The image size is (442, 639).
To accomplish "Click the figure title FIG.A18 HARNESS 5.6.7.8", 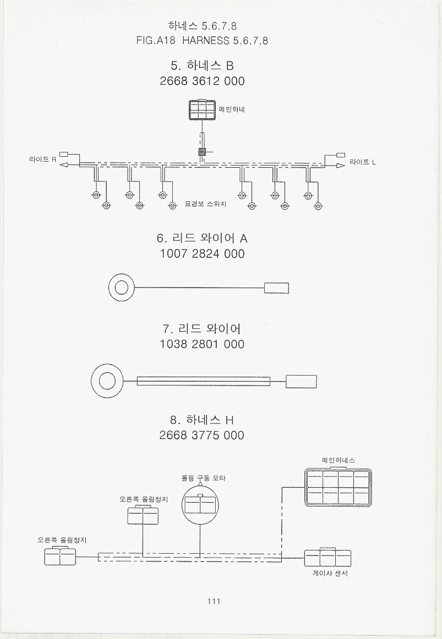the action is [x=202, y=40].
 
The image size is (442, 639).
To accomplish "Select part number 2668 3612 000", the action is [x=202, y=81].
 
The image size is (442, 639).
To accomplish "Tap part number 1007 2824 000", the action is [x=202, y=254].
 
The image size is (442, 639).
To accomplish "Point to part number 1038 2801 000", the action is [x=202, y=344].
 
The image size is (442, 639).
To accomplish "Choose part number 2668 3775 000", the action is [x=202, y=435].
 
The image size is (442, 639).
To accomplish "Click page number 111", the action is [x=214, y=601].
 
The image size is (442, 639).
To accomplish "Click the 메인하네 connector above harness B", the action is [x=202, y=109].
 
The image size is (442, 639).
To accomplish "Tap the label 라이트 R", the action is [x=43, y=159].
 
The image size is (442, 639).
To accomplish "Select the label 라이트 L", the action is [x=363, y=162].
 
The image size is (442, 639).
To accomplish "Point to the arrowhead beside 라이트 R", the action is [x=64, y=164].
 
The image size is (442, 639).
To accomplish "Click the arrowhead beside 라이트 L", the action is [x=341, y=166].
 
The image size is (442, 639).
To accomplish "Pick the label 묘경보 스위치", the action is [x=205, y=204].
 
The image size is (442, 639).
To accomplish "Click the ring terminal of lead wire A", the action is [x=122, y=288].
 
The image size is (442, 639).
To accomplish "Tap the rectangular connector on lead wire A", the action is [x=276, y=288].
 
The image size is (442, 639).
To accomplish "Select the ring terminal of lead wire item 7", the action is [x=107, y=382].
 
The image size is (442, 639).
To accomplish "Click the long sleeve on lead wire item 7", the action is [x=204, y=382].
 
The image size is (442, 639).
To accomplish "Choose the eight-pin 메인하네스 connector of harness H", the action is [x=338, y=488].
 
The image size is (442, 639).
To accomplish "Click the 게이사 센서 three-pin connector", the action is [x=328, y=558].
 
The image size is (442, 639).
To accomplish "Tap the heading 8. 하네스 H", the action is [x=202, y=420].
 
